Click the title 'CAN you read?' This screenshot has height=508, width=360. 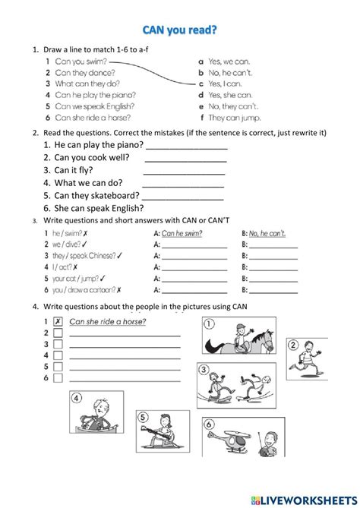click(179, 30)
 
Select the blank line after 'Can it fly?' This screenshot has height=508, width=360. click(185, 172)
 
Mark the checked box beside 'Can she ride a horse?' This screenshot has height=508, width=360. click(57, 321)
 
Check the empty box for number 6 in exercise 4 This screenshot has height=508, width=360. click(57, 377)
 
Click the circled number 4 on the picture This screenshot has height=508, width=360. click(75, 396)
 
